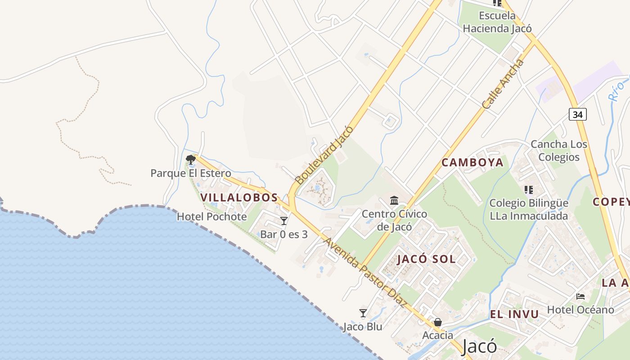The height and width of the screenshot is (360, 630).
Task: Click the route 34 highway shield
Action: (x=578, y=114)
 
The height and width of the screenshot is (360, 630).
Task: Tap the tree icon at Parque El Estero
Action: (x=190, y=159)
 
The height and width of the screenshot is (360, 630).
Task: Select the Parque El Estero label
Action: (x=191, y=173)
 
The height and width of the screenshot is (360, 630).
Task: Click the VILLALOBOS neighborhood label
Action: (x=239, y=198)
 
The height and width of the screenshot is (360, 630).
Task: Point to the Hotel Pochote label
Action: (x=211, y=216)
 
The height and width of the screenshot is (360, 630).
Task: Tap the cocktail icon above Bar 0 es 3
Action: (x=283, y=220)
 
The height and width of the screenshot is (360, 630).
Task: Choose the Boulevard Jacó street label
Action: (x=324, y=155)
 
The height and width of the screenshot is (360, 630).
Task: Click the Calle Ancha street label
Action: (x=503, y=84)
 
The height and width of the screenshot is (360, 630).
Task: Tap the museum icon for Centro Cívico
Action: (x=395, y=200)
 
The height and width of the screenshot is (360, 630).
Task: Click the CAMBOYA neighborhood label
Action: (x=472, y=162)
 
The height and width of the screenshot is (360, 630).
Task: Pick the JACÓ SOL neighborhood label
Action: (x=427, y=259)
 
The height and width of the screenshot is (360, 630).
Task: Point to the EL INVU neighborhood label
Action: (x=514, y=314)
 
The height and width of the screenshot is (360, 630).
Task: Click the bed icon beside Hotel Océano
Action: (x=580, y=296)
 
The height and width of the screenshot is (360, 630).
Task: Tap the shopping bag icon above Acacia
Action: (x=437, y=322)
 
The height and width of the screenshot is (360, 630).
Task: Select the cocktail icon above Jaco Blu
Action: (x=363, y=313)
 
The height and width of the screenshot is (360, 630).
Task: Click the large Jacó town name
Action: (x=479, y=346)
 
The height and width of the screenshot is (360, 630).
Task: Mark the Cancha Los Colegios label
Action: (x=559, y=150)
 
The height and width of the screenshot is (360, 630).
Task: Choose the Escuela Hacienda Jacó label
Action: (x=497, y=22)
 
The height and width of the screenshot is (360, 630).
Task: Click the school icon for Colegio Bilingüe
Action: (x=529, y=189)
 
